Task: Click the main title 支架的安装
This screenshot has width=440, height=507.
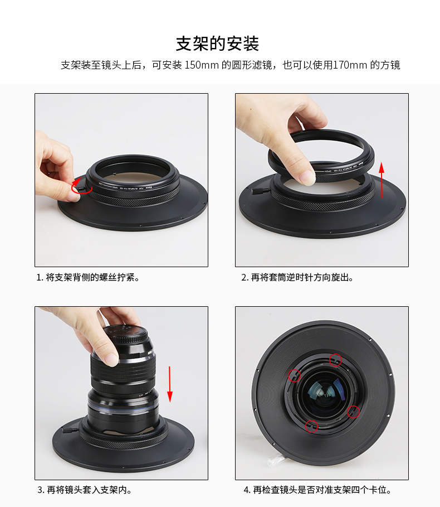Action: [217, 44]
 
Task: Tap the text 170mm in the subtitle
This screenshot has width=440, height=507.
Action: [350, 65]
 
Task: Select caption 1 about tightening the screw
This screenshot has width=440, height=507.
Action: [87, 277]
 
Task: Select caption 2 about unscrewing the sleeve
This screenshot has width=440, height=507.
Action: [297, 277]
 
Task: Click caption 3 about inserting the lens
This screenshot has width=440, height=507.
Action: [85, 490]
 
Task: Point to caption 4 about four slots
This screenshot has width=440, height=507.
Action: [317, 490]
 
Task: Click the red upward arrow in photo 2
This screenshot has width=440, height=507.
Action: [382, 180]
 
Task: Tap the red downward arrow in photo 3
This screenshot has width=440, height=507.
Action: [169, 384]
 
